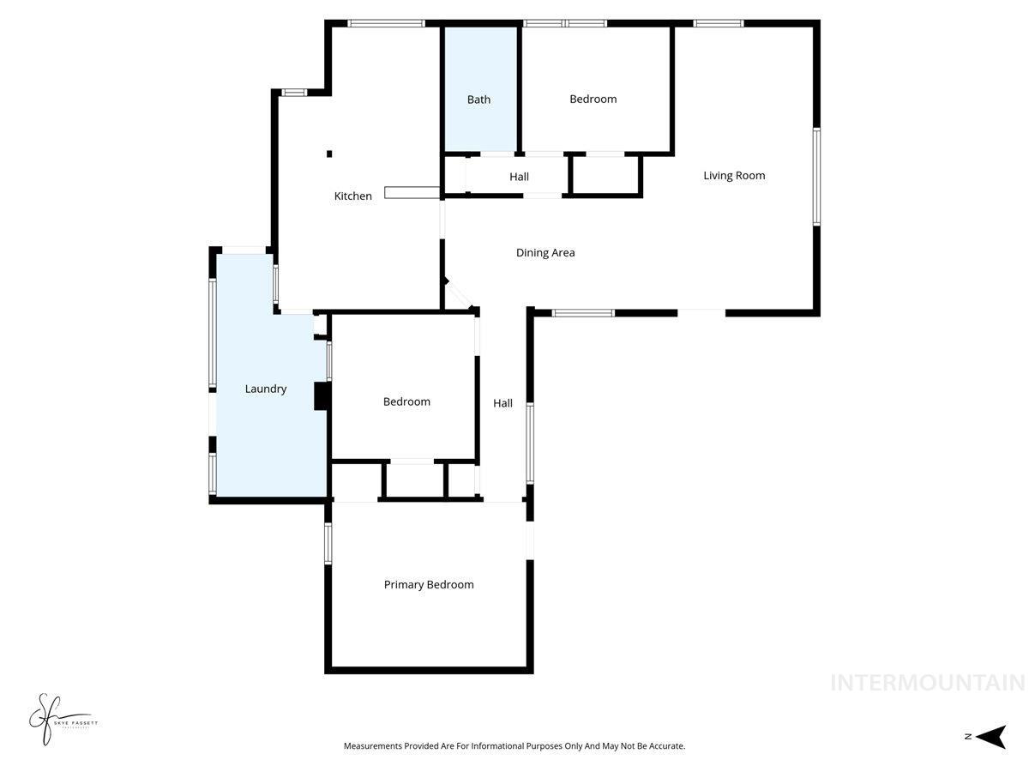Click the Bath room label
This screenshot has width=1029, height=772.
(x=478, y=100)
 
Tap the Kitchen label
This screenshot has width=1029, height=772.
(x=352, y=196)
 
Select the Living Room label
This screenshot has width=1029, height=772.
(x=734, y=176)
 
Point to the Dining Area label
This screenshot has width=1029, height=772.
(x=545, y=253)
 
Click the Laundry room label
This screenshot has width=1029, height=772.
(x=266, y=389)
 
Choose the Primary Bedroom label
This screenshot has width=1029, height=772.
(x=429, y=585)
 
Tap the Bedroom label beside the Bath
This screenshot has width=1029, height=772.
(x=593, y=100)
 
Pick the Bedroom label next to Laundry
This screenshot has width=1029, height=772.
(x=406, y=401)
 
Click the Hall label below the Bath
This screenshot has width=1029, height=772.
(x=519, y=177)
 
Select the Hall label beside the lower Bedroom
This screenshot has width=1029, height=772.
(x=502, y=403)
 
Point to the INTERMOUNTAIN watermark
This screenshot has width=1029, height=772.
(x=927, y=683)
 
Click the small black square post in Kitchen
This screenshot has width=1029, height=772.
(x=329, y=154)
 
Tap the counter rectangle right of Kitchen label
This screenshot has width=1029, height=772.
(x=412, y=192)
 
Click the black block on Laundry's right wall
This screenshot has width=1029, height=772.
(x=322, y=395)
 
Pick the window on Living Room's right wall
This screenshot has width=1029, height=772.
(x=816, y=177)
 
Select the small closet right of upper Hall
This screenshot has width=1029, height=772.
(x=605, y=176)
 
